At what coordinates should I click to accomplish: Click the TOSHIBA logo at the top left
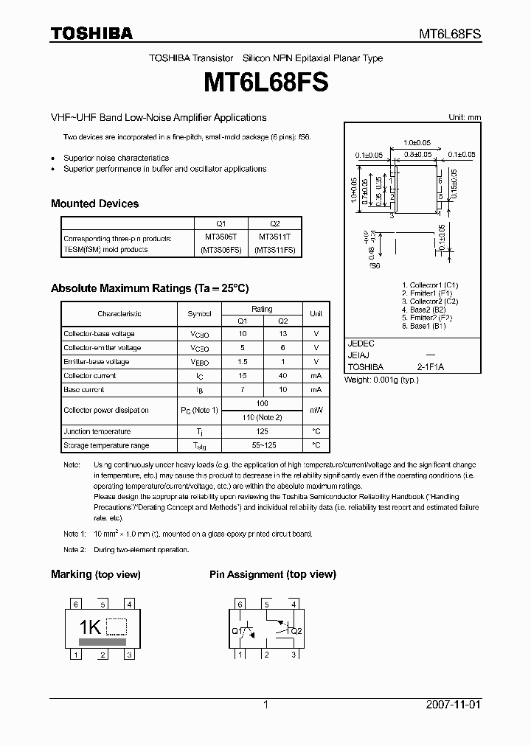point(91,33)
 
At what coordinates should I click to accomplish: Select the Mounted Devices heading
point(94,203)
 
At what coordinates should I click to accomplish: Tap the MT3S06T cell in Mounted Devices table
point(221,238)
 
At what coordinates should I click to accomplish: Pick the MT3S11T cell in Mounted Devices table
point(275,238)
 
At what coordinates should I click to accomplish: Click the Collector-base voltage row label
point(99,334)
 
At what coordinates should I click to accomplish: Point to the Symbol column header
point(199,314)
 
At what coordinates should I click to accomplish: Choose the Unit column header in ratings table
point(316,314)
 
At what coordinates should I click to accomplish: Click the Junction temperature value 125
point(262,432)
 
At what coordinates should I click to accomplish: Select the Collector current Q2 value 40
point(283,376)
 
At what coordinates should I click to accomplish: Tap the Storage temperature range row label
point(106,446)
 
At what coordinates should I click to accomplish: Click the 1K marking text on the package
point(90,627)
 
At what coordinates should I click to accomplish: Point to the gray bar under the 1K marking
point(102,642)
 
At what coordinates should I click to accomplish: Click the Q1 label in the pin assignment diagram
point(236,630)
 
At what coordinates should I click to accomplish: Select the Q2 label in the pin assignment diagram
point(296,631)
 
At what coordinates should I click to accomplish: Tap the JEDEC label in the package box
point(361,344)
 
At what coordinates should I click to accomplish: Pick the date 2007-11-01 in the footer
point(453,705)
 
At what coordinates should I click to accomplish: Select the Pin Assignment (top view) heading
point(272,574)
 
